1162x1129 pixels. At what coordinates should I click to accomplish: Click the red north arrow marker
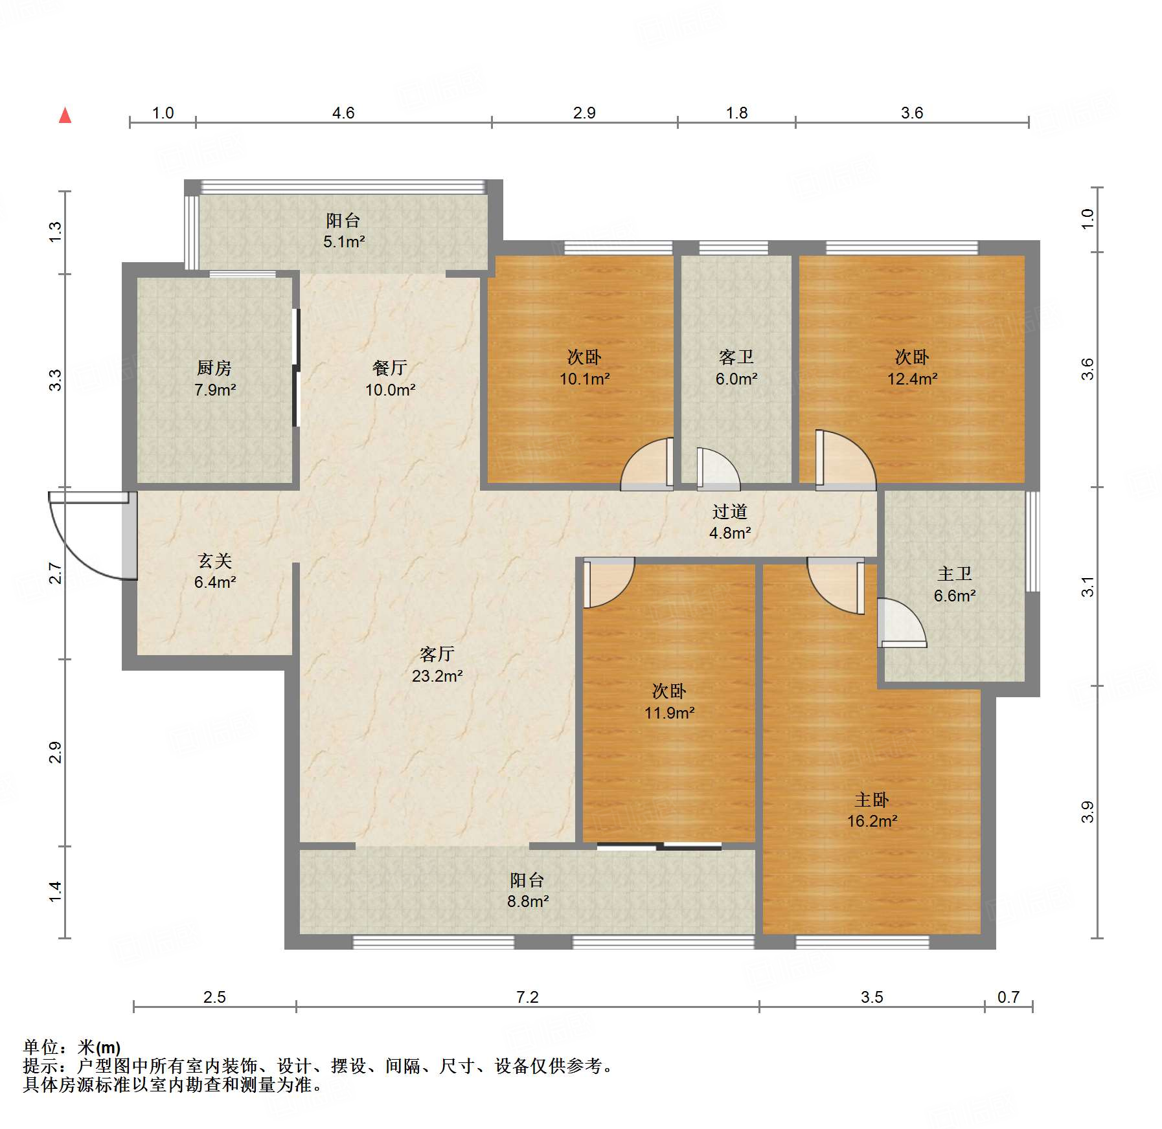point(65,115)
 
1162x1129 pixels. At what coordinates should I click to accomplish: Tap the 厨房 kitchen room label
point(214,379)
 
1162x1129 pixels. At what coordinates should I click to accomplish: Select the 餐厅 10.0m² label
point(390,379)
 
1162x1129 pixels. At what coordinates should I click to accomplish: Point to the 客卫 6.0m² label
point(736,368)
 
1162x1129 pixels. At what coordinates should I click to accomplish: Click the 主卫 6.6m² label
point(955,585)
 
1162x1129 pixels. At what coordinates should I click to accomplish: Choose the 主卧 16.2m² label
point(872,810)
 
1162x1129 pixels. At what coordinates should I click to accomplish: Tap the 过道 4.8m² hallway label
point(730,522)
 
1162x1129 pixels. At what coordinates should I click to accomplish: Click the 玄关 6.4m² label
point(214,571)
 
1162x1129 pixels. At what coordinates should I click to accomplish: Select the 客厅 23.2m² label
point(437,665)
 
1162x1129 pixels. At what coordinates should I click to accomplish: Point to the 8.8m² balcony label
point(527,890)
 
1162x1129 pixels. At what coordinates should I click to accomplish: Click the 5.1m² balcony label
point(343,231)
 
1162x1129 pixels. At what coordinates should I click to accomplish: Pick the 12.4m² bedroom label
point(912,368)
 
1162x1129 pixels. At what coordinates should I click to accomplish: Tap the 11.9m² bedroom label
point(669,702)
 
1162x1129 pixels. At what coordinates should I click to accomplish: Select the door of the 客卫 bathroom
point(718,467)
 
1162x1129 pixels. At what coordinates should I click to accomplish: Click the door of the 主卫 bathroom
point(902,623)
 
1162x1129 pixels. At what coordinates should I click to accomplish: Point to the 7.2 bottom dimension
point(527,997)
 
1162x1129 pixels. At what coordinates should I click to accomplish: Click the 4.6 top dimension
point(343,113)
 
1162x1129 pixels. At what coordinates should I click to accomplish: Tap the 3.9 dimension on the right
point(1088,812)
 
